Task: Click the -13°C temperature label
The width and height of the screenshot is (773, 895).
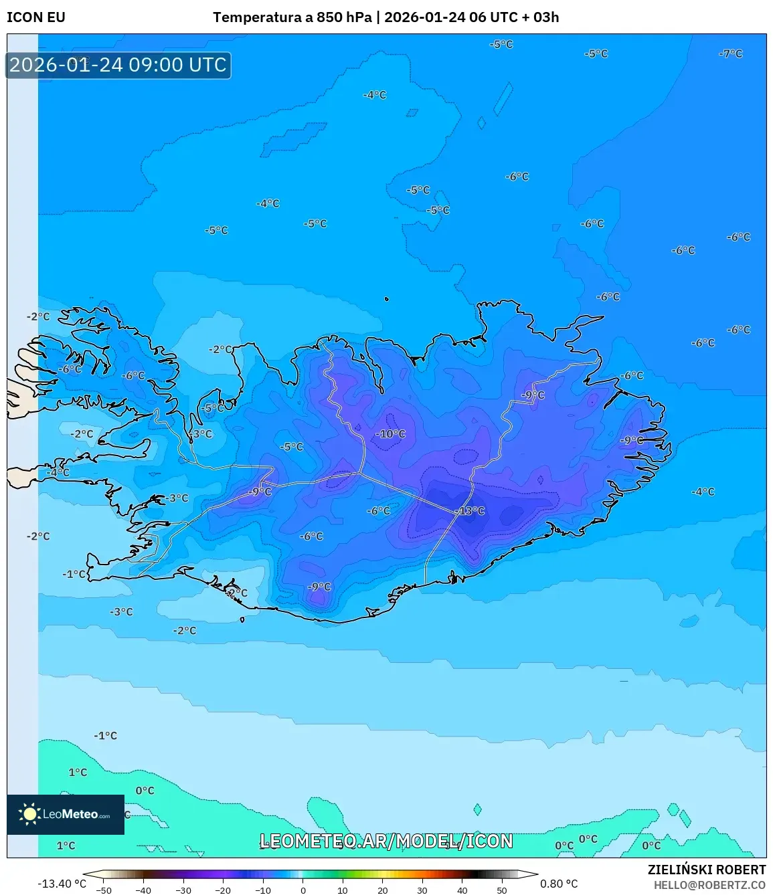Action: tap(470, 511)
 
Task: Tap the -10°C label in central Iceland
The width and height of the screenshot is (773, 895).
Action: tap(391, 434)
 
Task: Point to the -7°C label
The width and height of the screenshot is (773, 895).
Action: tap(730, 54)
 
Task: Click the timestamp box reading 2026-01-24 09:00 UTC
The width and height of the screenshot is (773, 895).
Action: tap(118, 66)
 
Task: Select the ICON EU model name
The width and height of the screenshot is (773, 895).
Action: tap(36, 17)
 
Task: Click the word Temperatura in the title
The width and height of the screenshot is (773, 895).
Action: tap(258, 17)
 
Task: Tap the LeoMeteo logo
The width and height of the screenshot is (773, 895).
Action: tap(66, 814)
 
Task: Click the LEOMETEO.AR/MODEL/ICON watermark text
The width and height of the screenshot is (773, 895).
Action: tap(386, 841)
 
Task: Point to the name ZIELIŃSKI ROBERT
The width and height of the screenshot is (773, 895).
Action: tap(706, 870)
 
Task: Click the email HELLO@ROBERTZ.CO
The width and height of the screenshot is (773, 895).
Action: tap(709, 885)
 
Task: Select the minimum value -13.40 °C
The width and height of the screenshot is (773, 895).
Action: tap(62, 884)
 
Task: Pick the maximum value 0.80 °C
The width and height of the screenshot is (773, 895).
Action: tap(559, 884)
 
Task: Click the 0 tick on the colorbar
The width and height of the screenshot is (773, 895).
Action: tap(303, 890)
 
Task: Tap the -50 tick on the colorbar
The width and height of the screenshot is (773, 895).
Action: tap(104, 890)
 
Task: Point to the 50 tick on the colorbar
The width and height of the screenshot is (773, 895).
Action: tap(502, 890)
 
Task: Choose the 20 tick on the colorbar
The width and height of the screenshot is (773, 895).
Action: tap(382, 890)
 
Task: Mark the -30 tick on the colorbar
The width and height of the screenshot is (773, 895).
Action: tap(183, 890)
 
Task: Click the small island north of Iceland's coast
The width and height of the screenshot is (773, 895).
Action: tap(386, 300)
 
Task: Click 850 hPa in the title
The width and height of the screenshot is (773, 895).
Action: tap(344, 17)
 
